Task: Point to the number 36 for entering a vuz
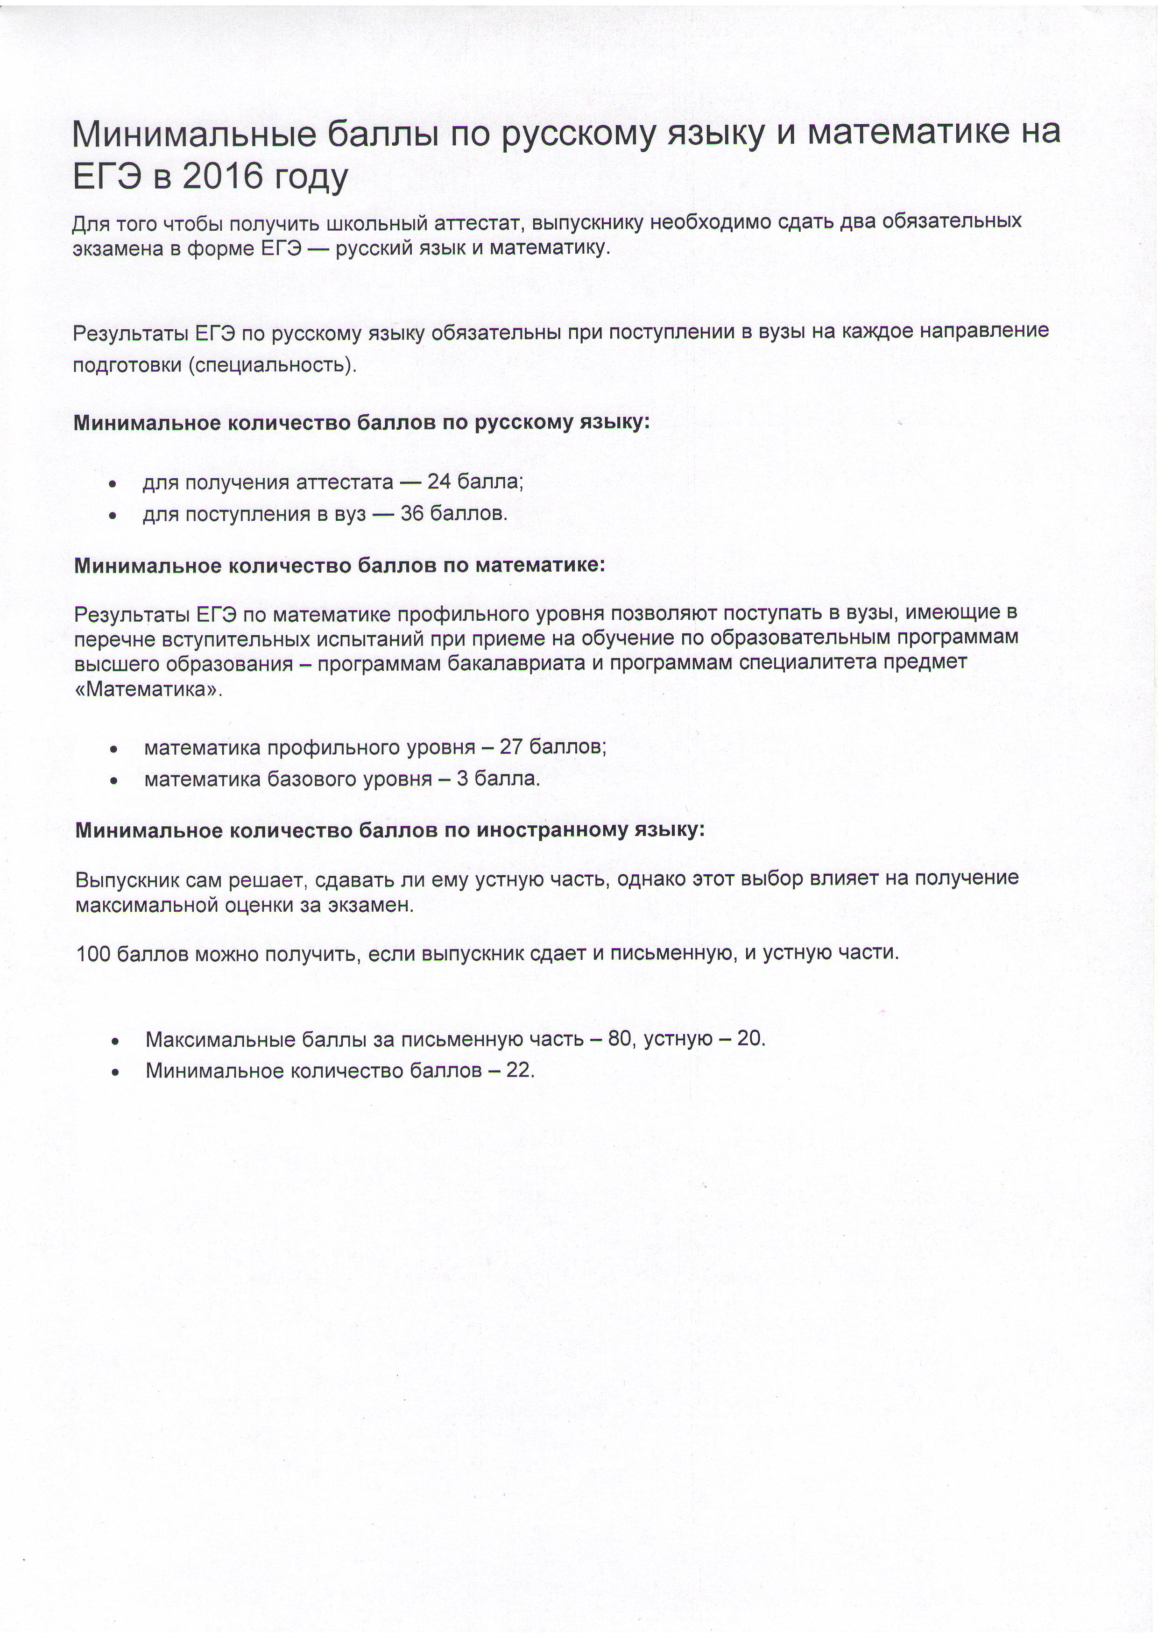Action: pyautogui.click(x=412, y=514)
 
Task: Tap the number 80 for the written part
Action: pyautogui.click(x=620, y=1039)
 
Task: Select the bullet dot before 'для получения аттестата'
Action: pyautogui.click(x=113, y=484)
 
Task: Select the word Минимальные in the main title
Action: pyautogui.click(x=194, y=134)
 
